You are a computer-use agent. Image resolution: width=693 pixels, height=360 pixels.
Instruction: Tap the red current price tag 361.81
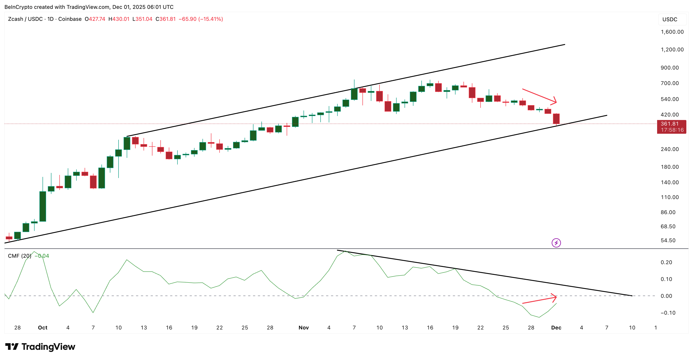point(671,127)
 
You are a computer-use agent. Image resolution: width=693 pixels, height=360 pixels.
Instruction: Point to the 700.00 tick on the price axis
point(670,83)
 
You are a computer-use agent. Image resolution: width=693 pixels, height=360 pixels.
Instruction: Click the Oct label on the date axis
point(43,327)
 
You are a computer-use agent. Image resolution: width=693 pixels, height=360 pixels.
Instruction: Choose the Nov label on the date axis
point(304,327)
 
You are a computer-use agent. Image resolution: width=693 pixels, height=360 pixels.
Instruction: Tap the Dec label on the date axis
point(556,327)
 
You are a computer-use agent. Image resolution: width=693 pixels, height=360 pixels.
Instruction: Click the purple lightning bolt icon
point(556,243)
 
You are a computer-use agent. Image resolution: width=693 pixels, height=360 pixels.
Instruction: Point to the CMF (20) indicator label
point(19,256)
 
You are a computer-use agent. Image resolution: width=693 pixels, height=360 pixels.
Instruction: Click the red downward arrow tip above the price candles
point(556,102)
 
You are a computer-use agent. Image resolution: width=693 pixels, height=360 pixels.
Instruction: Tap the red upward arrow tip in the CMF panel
point(556,297)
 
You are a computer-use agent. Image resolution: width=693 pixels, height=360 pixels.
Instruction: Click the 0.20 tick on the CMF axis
point(666,262)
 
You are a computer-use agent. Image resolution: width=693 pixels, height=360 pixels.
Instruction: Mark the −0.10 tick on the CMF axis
point(668,313)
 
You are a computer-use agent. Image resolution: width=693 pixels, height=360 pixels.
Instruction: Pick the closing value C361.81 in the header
point(165,19)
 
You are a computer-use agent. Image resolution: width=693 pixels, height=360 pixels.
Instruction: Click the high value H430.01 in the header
point(119,19)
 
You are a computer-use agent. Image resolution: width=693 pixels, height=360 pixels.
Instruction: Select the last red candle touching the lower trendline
point(556,119)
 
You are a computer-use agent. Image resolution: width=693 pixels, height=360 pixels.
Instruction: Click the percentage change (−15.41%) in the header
point(210,19)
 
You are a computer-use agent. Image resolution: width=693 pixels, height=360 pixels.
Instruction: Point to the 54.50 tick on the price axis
point(668,240)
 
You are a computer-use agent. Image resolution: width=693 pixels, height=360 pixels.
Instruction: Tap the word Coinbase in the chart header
point(70,19)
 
